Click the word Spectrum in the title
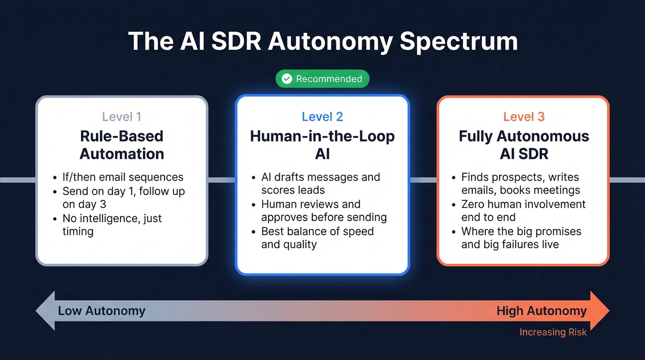pyautogui.click(x=459, y=41)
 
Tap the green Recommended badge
pyautogui.click(x=322, y=79)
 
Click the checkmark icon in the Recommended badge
pyautogui.click(x=287, y=79)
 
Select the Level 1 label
pyautogui.click(x=122, y=117)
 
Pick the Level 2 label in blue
pyautogui.click(x=322, y=117)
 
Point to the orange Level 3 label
pyautogui.click(x=524, y=117)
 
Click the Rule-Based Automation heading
pyautogui.click(x=122, y=145)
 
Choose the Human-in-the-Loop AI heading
pyautogui.click(x=322, y=145)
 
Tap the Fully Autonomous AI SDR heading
pyautogui.click(x=524, y=145)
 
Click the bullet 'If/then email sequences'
pyautogui.click(x=123, y=177)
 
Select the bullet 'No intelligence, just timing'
pyautogui.click(x=112, y=224)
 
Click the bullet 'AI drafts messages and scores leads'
pyautogui.click(x=320, y=183)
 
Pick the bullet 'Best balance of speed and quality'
pyautogui.click(x=317, y=238)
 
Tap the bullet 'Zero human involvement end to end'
pyautogui.click(x=523, y=211)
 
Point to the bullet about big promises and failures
pyautogui.click(x=521, y=238)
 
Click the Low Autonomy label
pyautogui.click(x=101, y=311)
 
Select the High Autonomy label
pyautogui.click(x=541, y=311)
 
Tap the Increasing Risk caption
pyautogui.click(x=553, y=332)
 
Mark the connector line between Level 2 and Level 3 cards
pyautogui.click(x=423, y=180)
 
